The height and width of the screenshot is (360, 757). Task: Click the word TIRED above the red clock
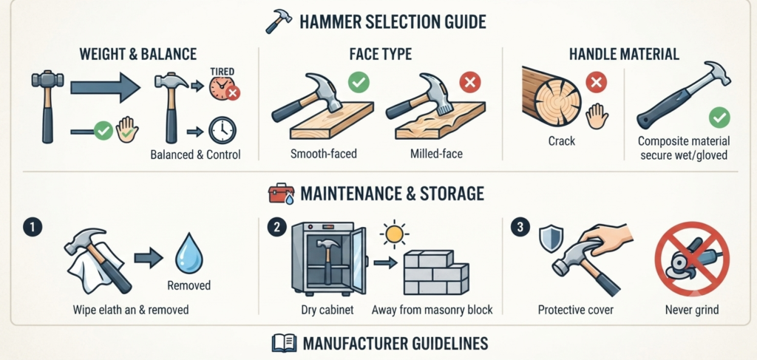pyautogui.click(x=223, y=71)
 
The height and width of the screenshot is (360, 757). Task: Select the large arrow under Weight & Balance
pyautogui.click(x=105, y=87)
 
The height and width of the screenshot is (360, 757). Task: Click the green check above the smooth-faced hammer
pyautogui.click(x=359, y=82)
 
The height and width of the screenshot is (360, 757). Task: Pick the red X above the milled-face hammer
pyautogui.click(x=469, y=82)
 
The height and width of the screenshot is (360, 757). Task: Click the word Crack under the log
pyautogui.click(x=562, y=141)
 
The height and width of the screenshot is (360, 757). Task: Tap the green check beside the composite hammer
pyautogui.click(x=719, y=118)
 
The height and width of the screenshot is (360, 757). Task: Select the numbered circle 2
pyautogui.click(x=276, y=227)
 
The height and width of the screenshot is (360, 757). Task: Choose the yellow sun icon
pyautogui.click(x=394, y=234)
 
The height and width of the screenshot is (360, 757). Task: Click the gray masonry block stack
pyautogui.click(x=436, y=272)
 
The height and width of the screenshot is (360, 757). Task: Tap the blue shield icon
pyautogui.click(x=551, y=240)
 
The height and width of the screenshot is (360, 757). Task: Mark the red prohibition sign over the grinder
pyautogui.click(x=692, y=259)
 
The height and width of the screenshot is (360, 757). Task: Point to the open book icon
pyautogui.click(x=284, y=344)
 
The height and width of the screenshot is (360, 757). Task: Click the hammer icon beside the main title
pyautogui.click(x=279, y=21)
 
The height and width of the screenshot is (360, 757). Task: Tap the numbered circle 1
pyautogui.click(x=33, y=227)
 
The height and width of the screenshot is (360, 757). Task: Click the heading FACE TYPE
pyautogui.click(x=381, y=53)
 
